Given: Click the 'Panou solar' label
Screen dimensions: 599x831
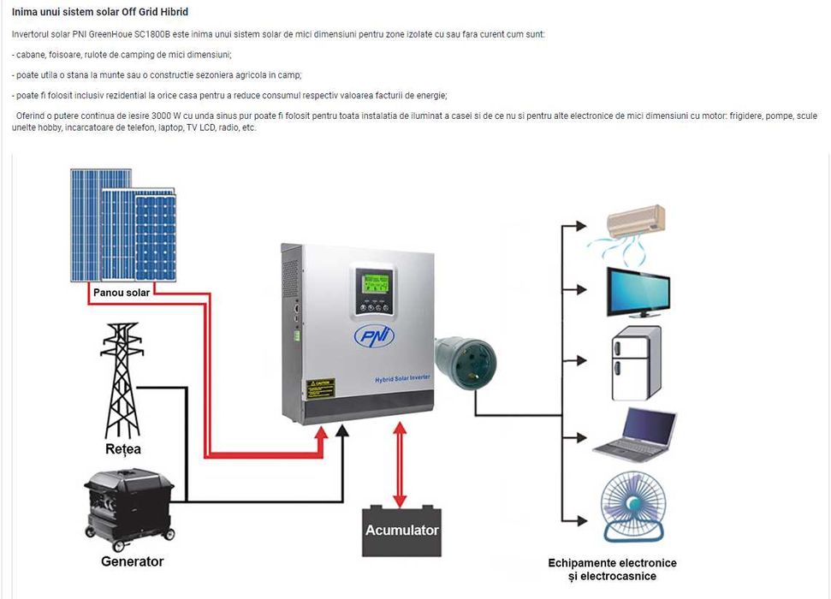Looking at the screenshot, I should pyautogui.click(x=121, y=293).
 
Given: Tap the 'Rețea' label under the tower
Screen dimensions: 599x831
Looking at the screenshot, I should pyautogui.click(x=123, y=448).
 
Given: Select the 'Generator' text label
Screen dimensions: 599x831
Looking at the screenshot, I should pyautogui.click(x=132, y=561).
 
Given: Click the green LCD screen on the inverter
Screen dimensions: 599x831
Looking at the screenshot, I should pyautogui.click(x=375, y=283).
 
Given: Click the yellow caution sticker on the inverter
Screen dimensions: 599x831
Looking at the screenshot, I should pyautogui.click(x=321, y=387).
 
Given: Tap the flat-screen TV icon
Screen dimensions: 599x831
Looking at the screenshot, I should pyautogui.click(x=638, y=292).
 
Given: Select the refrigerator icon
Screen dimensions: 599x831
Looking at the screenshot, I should pyautogui.click(x=637, y=364).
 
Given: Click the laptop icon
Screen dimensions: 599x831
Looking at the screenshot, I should pyautogui.click(x=636, y=435).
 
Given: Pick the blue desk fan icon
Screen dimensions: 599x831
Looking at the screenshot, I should pyautogui.click(x=634, y=506).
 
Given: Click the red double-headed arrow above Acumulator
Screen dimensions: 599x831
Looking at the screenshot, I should pyautogui.click(x=399, y=464).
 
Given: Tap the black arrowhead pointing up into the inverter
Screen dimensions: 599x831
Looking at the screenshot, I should pyautogui.click(x=342, y=434).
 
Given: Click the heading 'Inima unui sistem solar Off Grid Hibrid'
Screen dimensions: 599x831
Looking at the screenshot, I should pyautogui.click(x=100, y=12).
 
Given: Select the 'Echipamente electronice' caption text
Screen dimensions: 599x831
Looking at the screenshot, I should pyautogui.click(x=612, y=562).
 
